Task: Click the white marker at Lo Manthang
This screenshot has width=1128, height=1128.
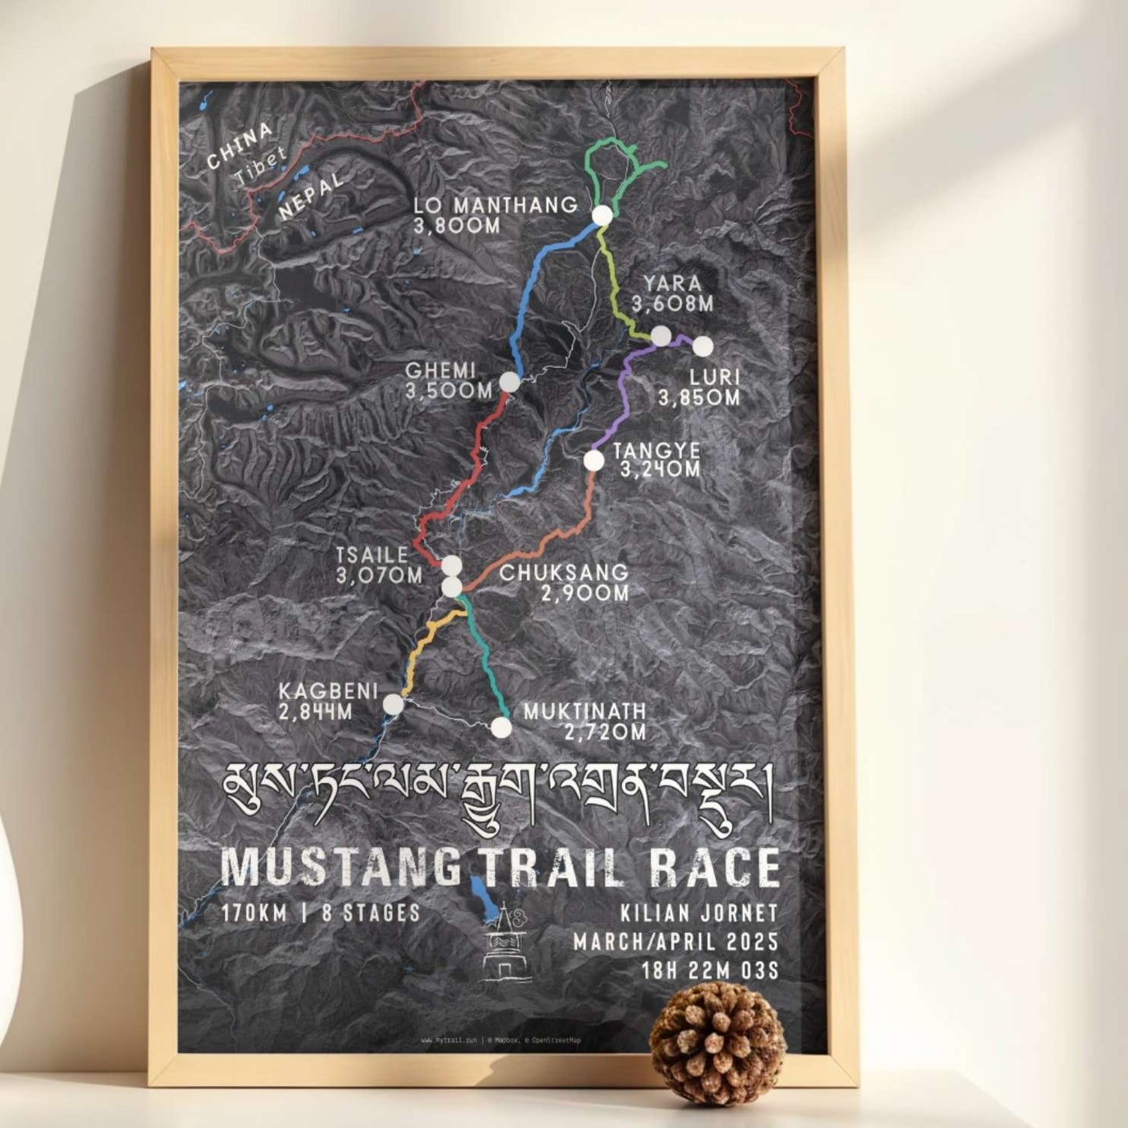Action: pos(602,216)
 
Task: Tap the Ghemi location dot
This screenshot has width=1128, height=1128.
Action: pos(509,382)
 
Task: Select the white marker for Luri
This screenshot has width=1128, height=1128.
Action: pos(703,345)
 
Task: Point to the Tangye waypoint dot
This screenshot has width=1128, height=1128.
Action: pos(594,461)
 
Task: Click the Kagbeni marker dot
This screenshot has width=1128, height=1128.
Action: pos(393,704)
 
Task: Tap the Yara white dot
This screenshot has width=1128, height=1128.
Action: pos(661,336)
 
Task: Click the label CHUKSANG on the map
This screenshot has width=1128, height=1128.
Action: pos(564,572)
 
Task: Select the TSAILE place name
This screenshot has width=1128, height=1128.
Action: pos(372,555)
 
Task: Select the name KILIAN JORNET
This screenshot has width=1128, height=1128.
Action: pos(699,913)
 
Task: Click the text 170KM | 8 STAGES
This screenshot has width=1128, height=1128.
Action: pos(320,913)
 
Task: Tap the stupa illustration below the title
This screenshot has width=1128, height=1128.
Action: pos(507,945)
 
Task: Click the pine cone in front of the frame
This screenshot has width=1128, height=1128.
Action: pos(717,1032)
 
